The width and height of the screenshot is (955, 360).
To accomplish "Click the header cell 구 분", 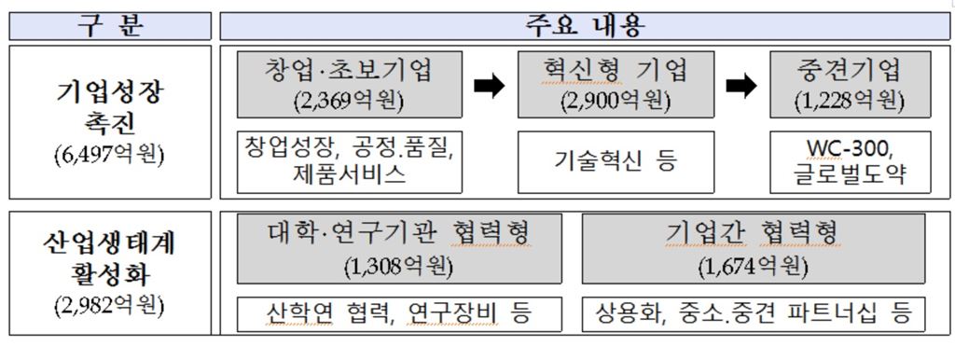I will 109,24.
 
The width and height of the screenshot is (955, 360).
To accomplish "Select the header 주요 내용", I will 585,24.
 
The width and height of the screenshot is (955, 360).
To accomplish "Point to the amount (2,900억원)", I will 616,102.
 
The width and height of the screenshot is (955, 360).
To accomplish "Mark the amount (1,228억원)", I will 850,102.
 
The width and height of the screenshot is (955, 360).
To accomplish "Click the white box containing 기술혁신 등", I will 616,161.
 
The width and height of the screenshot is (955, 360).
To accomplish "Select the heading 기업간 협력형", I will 753,232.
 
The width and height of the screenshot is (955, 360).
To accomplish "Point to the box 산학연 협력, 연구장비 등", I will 398,313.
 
